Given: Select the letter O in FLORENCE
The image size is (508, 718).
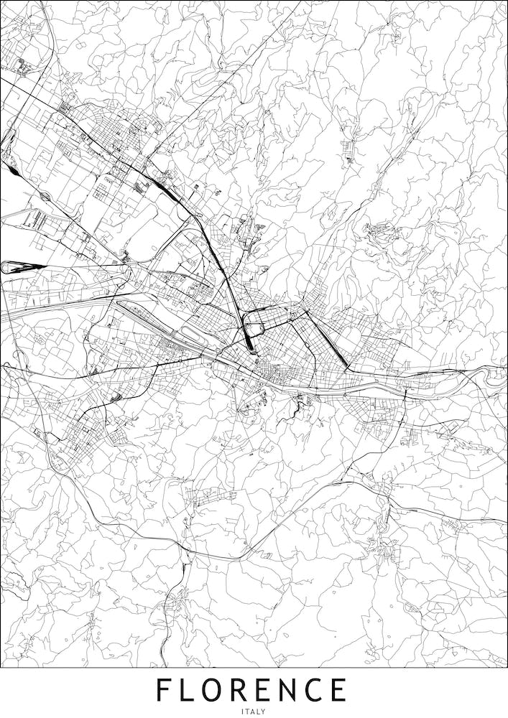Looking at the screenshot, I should [x=221, y=691].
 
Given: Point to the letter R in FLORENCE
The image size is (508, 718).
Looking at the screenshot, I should [x=249, y=691].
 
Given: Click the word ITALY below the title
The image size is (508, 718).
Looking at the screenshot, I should [x=254, y=712].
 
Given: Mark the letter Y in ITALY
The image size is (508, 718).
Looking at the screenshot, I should [x=264, y=712].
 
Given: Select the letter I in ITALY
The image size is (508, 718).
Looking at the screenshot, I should [x=244, y=712].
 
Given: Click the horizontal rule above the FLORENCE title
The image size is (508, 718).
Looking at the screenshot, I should [x=254, y=668].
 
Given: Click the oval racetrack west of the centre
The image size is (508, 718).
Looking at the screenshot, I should [x=193, y=334].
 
